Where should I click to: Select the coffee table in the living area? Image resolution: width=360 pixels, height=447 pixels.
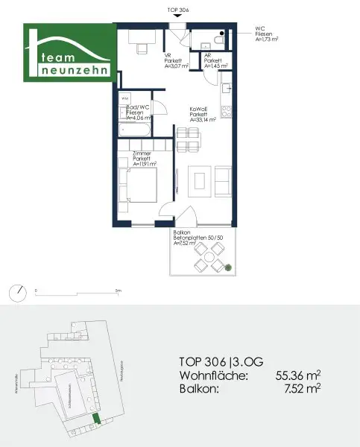pos(198,180)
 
